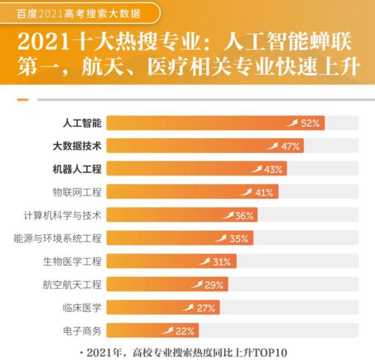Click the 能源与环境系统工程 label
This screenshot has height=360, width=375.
(57, 239)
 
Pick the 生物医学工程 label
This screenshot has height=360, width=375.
(72, 262)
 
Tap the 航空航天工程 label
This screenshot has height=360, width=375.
(72, 285)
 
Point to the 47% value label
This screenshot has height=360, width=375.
(290, 147)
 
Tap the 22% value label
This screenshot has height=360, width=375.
(185, 331)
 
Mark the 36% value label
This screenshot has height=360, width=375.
(244, 216)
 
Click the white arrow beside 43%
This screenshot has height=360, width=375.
(257, 169)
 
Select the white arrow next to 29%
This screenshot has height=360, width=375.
(197, 284)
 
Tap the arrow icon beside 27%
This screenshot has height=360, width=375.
(188, 307)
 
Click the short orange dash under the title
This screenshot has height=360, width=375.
(23, 100)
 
